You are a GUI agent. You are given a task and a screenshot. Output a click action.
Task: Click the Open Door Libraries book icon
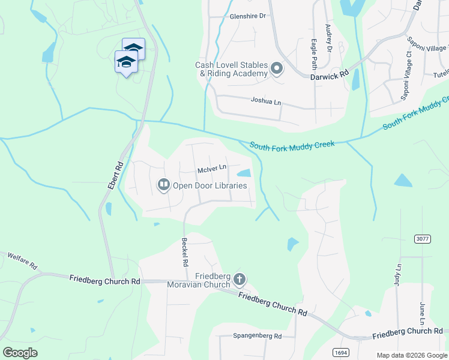pyautogui.click(x=163, y=185)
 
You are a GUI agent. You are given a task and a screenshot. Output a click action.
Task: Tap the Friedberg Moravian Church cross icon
pyautogui.click(x=240, y=279)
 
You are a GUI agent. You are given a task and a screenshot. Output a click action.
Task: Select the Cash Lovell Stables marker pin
pyautogui.click(x=277, y=69)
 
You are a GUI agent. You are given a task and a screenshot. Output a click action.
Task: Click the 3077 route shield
pyautogui.click(x=423, y=239)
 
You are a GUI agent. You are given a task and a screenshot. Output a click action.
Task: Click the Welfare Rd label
pyautogui.click(x=22, y=260)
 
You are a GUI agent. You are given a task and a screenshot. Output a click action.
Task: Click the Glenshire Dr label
pyautogui.click(x=247, y=16)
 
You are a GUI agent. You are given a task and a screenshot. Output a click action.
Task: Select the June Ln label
pyautogui.click(x=423, y=313)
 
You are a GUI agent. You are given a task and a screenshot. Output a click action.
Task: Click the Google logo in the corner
pyautogui.click(x=20, y=353)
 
